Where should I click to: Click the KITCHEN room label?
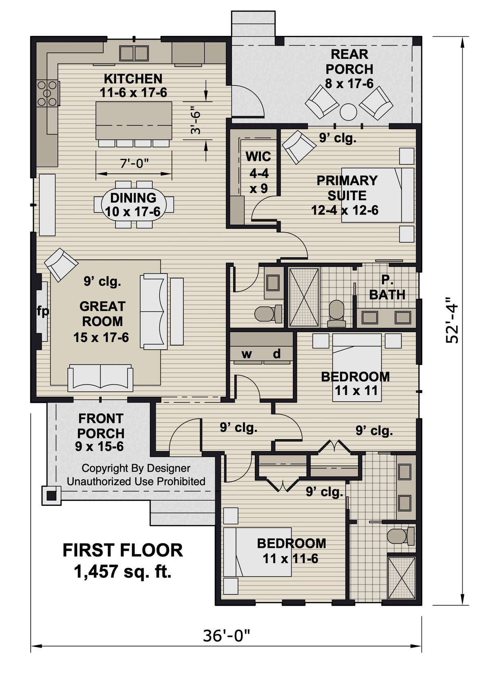[133, 78]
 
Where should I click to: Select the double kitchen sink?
[134, 53]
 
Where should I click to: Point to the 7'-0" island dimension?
[134, 163]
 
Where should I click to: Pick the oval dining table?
[134, 204]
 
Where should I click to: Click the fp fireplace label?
[43, 311]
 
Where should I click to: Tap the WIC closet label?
[258, 156]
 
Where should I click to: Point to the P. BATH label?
[387, 288]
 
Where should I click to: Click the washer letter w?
[246, 354]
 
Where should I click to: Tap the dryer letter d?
[277, 353]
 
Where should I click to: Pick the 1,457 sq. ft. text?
[122, 572]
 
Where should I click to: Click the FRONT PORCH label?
[101, 426]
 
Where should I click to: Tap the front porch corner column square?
[51, 496]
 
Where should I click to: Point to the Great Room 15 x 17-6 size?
[101, 338]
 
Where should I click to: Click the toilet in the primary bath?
[336, 314]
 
